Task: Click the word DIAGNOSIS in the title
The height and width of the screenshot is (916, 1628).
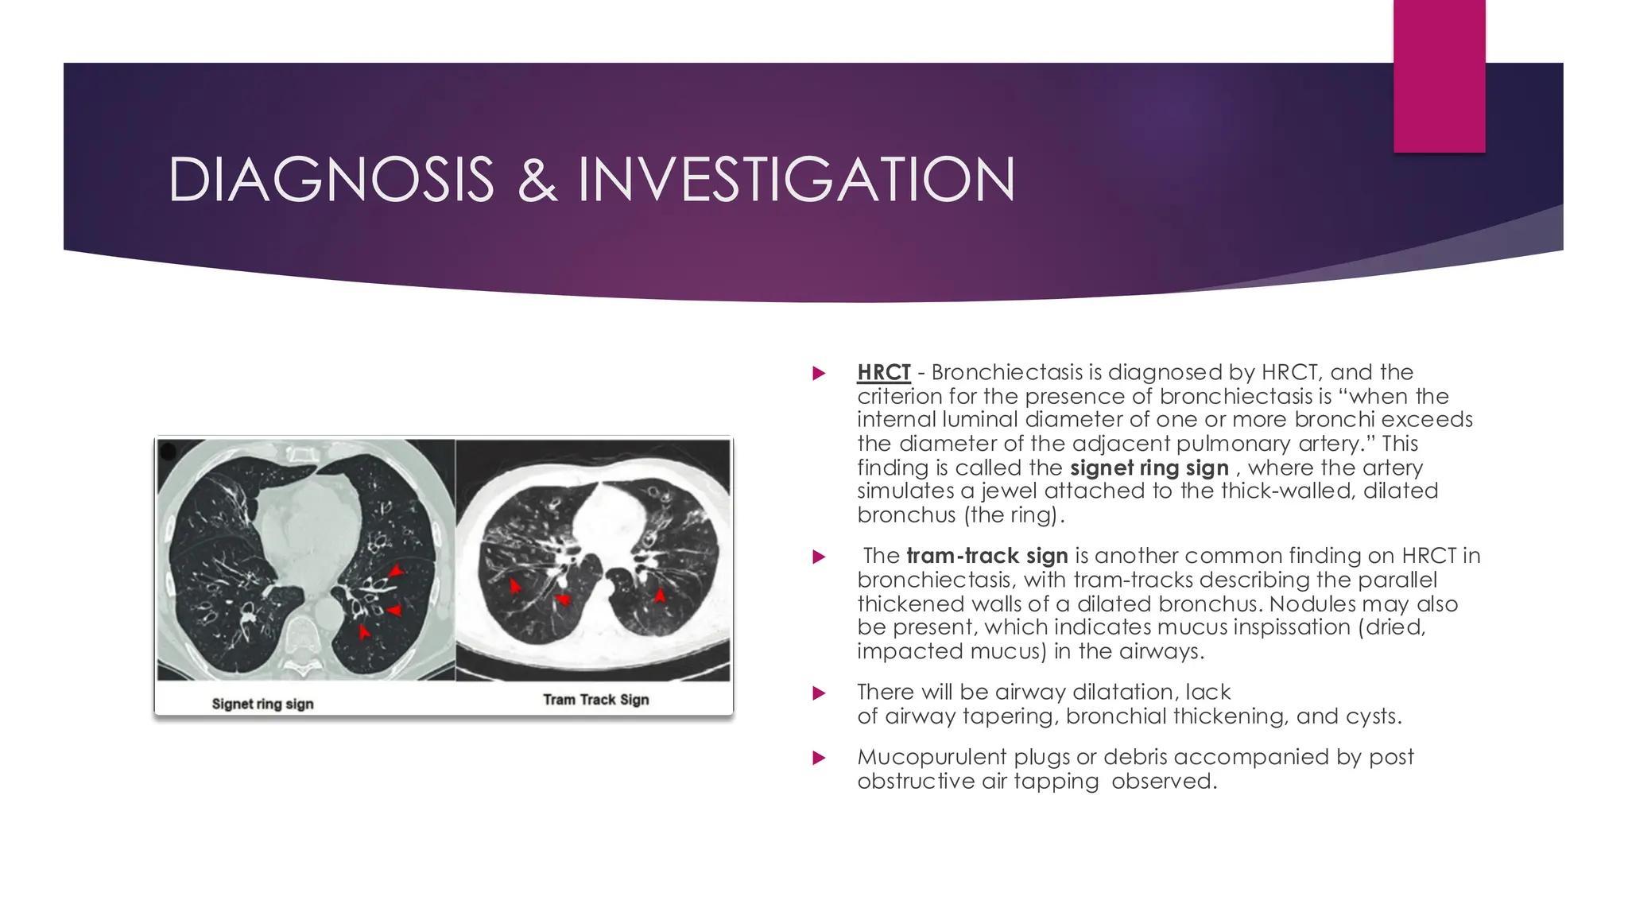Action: click(x=331, y=180)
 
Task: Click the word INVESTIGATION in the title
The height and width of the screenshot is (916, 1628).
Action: click(x=797, y=180)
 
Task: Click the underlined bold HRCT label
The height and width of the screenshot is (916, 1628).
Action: click(x=883, y=372)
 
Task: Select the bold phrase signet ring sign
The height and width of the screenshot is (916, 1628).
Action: click(x=1149, y=468)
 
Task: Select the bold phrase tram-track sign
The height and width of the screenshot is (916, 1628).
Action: click(x=986, y=556)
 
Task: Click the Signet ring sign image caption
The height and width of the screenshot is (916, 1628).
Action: click(x=262, y=704)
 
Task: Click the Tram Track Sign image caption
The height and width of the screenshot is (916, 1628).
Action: click(x=595, y=700)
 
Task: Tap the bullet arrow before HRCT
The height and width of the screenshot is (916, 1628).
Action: click(x=819, y=373)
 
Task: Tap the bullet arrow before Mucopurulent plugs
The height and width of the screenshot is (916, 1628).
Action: click(x=819, y=758)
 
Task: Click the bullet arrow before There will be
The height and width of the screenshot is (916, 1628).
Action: click(x=819, y=693)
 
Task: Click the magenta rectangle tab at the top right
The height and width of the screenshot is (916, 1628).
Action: click(x=1439, y=76)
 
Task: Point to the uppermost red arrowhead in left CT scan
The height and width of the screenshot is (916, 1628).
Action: click(x=395, y=571)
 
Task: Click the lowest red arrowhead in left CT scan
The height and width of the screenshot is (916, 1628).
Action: click(x=363, y=632)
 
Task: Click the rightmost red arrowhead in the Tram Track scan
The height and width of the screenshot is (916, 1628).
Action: click(x=660, y=595)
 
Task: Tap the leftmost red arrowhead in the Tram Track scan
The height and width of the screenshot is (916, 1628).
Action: click(x=515, y=586)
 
